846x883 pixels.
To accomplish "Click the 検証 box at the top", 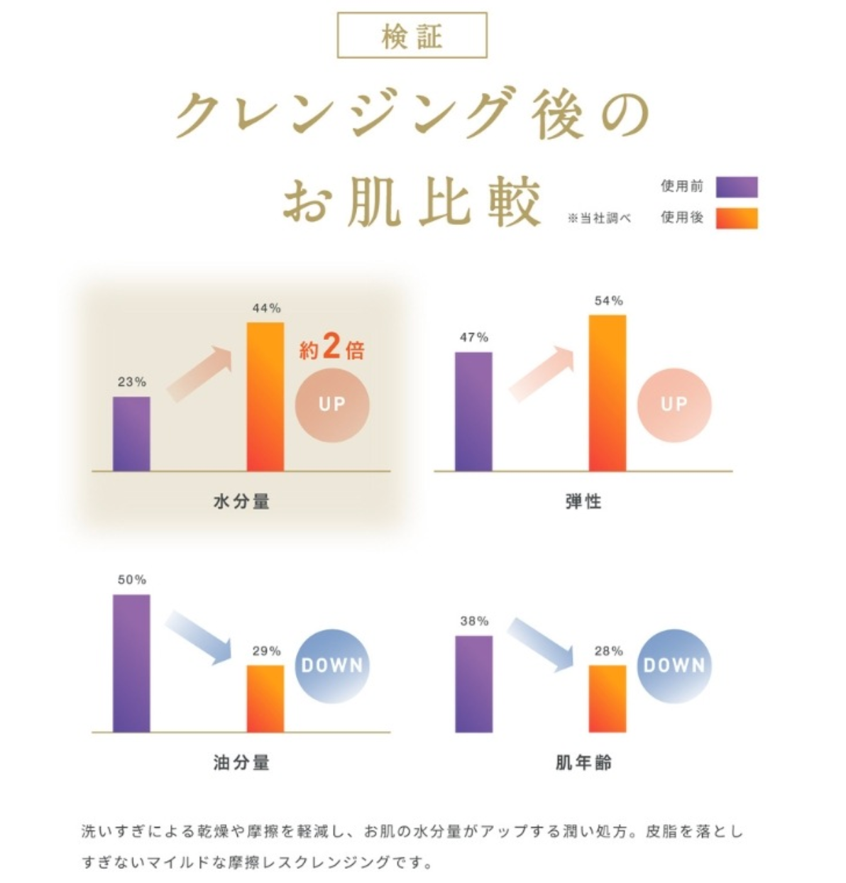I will point(412,35).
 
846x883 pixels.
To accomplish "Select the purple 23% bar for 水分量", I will point(131,434).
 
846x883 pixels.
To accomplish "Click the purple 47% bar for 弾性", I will point(473,411).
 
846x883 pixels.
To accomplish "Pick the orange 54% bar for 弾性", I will point(608,393).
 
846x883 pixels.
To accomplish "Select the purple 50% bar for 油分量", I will point(131,663).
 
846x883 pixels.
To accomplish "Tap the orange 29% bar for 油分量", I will point(265,698).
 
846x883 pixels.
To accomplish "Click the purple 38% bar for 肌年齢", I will point(473,684).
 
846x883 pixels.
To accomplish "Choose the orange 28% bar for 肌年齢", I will point(608,698).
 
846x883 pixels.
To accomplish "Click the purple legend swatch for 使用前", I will point(736,187).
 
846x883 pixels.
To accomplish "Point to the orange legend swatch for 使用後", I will point(736,218).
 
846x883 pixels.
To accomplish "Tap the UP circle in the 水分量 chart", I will point(332,405).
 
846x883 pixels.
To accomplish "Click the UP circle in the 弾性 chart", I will point(674,405).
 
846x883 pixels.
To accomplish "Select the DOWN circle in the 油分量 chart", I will point(332,666).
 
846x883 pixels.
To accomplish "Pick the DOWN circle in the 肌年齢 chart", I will point(674,666).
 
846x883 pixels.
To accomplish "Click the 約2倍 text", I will point(331,349).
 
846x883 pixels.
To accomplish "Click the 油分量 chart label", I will point(241,763).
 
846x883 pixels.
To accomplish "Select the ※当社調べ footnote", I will point(599,219).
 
